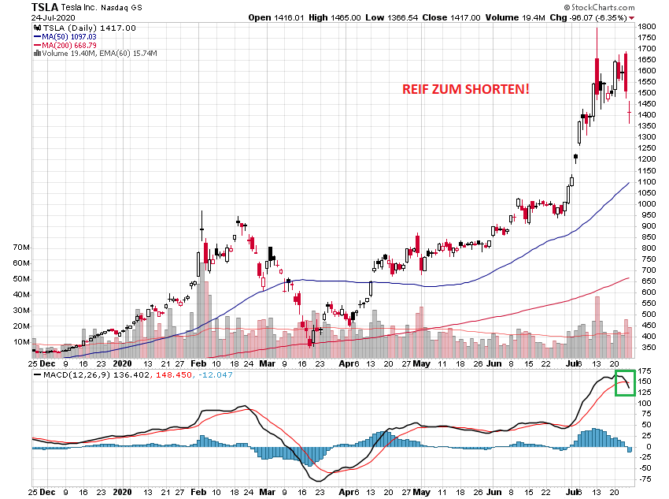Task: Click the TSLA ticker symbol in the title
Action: [44, 6]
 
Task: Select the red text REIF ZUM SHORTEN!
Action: [466, 89]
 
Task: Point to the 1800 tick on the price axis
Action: [647, 26]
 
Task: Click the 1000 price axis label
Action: [647, 203]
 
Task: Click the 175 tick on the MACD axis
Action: [645, 371]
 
